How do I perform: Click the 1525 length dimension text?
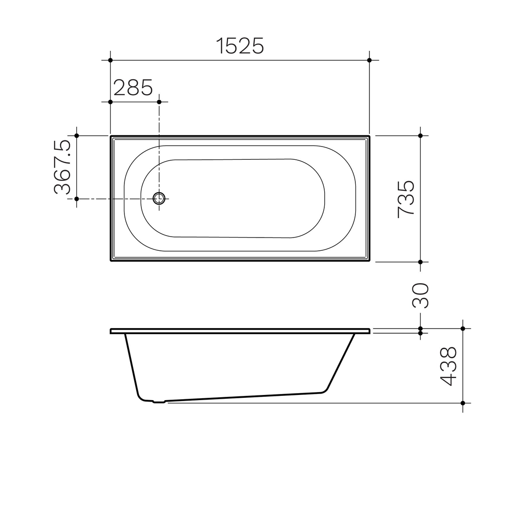[x=240, y=46]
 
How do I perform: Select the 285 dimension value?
[x=133, y=88]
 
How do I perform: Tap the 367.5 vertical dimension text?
[x=63, y=167]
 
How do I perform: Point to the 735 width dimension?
[x=406, y=198]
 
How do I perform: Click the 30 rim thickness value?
[x=421, y=296]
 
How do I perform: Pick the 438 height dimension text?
[x=448, y=366]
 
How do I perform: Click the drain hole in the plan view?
[x=159, y=199]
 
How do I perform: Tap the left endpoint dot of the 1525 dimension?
[x=110, y=60]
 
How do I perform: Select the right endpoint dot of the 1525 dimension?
[x=369, y=60]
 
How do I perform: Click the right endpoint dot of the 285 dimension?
[x=159, y=102]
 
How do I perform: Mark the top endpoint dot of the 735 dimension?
[x=420, y=136]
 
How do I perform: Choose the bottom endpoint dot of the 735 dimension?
[x=420, y=262]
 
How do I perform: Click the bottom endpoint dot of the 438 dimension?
[x=463, y=403]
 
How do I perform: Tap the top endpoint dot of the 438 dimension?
[x=463, y=328]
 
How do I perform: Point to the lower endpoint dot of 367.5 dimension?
[x=77, y=199]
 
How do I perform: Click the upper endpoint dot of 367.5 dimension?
[x=77, y=136]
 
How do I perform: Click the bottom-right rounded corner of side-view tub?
[x=324, y=389]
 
